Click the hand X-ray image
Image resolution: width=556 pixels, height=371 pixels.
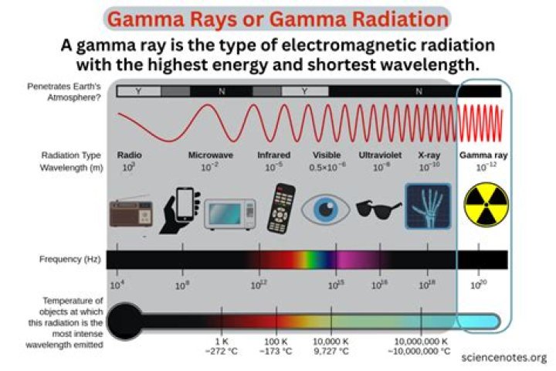(x=428, y=206)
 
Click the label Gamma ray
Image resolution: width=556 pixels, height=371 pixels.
(x=481, y=155)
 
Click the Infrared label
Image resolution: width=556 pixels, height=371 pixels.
(x=274, y=155)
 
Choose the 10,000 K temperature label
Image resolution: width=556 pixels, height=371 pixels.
(x=332, y=341)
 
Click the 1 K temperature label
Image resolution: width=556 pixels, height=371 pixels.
(x=222, y=341)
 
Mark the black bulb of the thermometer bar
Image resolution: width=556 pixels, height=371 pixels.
(x=126, y=319)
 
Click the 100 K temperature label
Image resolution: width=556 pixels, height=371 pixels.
(x=276, y=341)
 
